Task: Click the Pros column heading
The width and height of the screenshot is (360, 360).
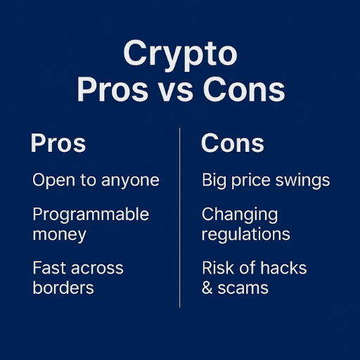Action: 58,143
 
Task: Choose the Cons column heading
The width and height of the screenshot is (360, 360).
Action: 233,143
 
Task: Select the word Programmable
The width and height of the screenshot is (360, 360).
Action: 91,215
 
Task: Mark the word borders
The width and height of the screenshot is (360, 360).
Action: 63,288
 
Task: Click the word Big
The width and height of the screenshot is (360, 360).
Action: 216,181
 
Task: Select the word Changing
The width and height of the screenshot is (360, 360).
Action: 240,215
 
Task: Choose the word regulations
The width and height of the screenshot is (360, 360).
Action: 246,234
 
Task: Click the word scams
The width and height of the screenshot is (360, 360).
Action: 243,288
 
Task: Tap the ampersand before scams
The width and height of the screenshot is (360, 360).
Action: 207,288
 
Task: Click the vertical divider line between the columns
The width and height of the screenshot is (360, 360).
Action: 180,218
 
